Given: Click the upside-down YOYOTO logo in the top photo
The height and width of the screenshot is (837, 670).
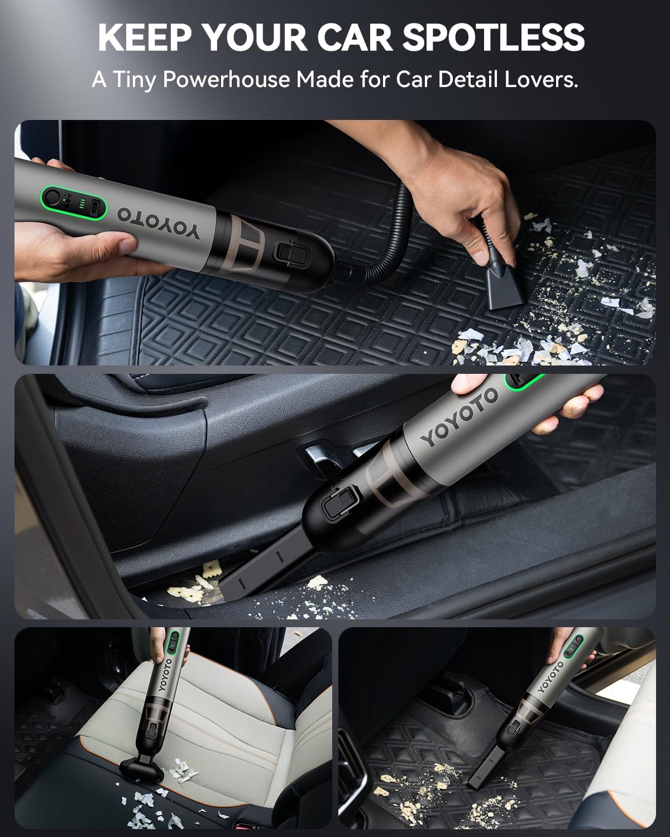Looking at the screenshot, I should click(x=158, y=223).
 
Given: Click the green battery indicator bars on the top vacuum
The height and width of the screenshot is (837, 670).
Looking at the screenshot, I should click(x=82, y=203).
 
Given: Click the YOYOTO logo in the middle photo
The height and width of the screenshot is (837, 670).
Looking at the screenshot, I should click(x=459, y=417).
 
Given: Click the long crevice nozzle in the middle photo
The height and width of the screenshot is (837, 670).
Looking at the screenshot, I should click(x=259, y=569).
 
